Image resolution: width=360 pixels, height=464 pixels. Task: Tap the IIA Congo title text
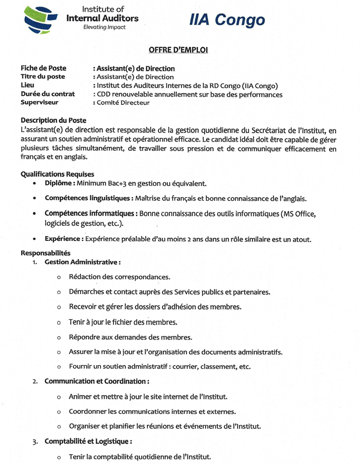coord(227,20)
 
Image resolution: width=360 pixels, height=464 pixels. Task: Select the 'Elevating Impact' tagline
coord(104,27)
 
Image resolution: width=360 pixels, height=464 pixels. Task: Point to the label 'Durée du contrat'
coord(48,94)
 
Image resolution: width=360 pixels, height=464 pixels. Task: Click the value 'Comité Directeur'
coord(123,103)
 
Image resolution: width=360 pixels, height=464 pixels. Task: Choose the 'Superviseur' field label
coord(39,102)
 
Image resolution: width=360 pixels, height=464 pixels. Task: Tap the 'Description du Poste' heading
coord(53,120)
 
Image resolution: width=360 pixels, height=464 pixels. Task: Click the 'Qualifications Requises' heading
coord(57,174)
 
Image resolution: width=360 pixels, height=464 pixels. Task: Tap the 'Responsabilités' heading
coord(46,253)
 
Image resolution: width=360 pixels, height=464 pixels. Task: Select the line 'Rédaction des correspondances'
coord(119,277)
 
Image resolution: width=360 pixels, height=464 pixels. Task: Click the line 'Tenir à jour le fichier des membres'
coord(123,322)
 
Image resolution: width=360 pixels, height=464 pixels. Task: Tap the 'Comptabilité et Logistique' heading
coord(89,441)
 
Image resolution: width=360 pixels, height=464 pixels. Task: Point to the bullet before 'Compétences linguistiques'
coord(34,198)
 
